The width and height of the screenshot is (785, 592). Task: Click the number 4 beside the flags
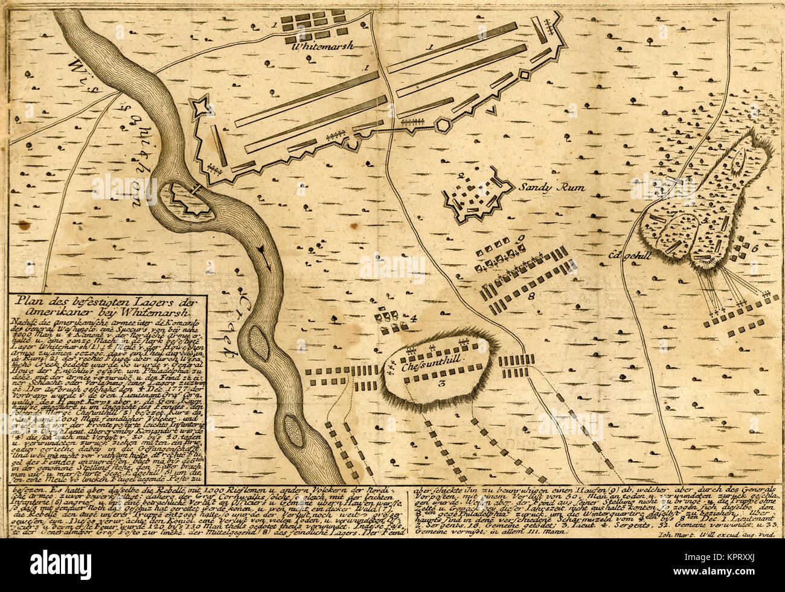[415, 318]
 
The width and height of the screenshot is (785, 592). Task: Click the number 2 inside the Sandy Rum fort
[461, 176]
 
